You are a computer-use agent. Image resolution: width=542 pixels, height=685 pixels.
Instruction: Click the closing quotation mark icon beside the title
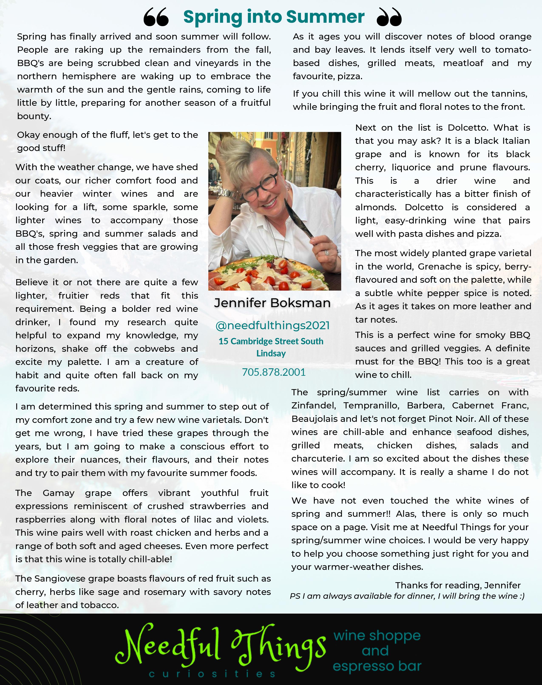(x=389, y=17)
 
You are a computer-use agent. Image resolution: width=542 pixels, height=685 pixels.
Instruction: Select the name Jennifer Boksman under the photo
(x=272, y=303)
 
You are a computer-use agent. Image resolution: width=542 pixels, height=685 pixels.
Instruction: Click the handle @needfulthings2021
(x=272, y=325)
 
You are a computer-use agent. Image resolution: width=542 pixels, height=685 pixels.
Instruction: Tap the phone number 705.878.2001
(x=274, y=372)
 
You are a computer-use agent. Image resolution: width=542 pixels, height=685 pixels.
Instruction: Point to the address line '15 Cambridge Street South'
(x=271, y=341)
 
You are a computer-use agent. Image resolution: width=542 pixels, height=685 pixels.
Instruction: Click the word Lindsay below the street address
(x=271, y=353)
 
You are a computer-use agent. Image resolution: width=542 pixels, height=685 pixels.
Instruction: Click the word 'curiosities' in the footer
(x=212, y=674)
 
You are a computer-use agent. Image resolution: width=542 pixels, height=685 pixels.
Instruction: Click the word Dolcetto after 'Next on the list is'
(x=466, y=128)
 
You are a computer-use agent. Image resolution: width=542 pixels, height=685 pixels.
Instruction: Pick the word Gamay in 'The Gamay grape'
(x=58, y=493)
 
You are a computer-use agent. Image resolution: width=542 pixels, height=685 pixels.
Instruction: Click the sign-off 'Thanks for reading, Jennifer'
(x=458, y=585)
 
